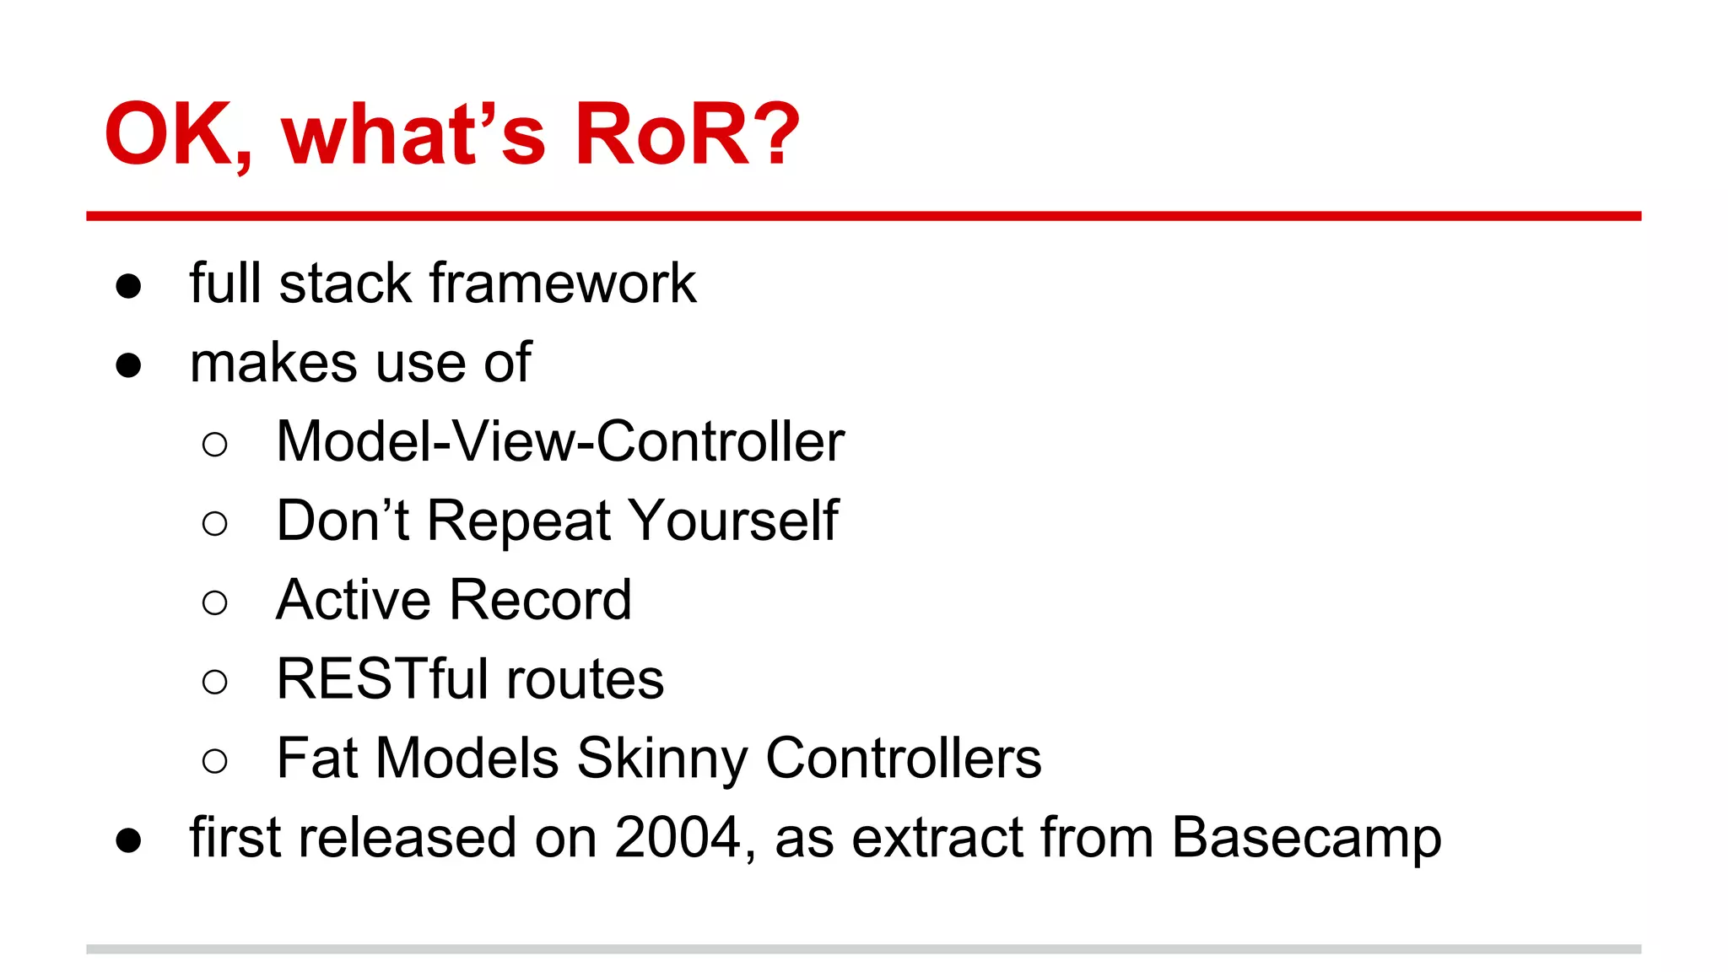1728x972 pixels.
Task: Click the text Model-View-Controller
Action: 560,441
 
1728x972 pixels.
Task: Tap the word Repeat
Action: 518,521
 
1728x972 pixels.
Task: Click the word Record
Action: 540,600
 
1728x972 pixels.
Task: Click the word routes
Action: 585,679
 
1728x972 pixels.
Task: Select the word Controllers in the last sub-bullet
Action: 903,759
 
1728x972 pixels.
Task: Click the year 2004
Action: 678,838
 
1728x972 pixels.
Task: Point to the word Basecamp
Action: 1306,838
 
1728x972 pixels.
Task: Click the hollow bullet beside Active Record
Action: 215,602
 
